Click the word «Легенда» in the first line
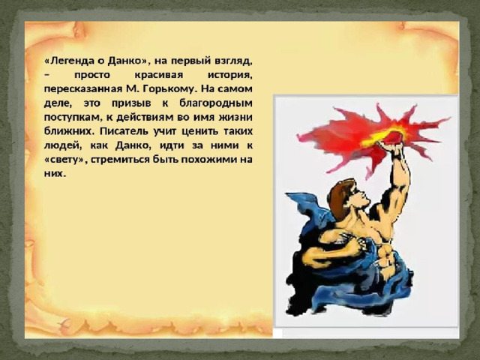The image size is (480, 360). (69, 61)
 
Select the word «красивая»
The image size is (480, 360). (158, 75)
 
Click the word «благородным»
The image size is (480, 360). (216, 103)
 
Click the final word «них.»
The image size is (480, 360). (55, 174)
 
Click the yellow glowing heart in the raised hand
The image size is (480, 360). (386, 136)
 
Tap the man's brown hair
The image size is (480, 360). (340, 196)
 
